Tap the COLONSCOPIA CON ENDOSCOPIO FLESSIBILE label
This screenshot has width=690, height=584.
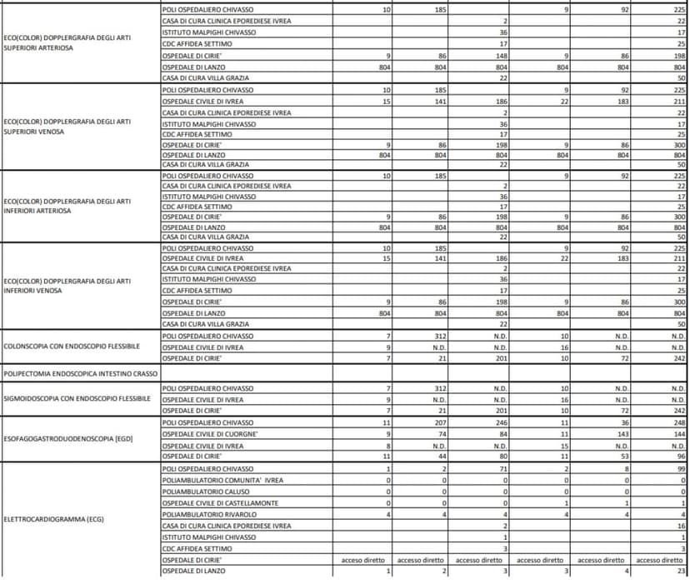pos(72,346)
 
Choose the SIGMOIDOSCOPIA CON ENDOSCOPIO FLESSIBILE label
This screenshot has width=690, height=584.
pos(77,399)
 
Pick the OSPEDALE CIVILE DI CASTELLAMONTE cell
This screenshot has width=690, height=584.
pos(220,502)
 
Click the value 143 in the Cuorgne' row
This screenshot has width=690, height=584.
pos(621,434)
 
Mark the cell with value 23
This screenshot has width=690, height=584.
pos(681,571)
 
